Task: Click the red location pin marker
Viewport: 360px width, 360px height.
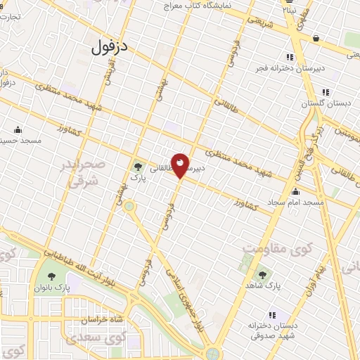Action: [x=180, y=165]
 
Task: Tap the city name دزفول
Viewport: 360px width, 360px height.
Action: [x=111, y=46]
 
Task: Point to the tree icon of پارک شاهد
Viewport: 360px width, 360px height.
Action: [x=262, y=275]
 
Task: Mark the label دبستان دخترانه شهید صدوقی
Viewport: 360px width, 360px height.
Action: [x=275, y=331]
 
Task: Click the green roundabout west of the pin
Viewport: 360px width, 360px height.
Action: [x=129, y=207]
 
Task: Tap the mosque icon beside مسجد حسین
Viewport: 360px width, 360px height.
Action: [x=17, y=129]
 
